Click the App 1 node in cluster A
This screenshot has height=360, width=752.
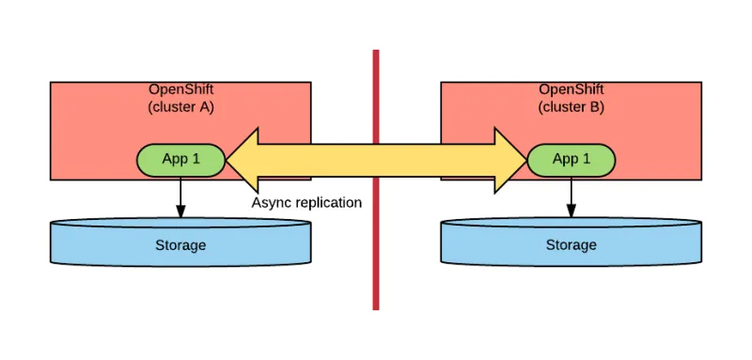point(181,160)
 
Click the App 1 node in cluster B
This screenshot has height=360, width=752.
point(571,160)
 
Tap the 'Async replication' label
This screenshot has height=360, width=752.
point(306,202)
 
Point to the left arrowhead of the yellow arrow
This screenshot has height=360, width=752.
point(243,160)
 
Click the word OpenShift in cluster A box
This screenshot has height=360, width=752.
point(180,90)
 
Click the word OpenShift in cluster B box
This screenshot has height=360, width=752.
point(571,90)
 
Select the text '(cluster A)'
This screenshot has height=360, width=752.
point(180,107)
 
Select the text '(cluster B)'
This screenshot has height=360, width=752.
point(571,107)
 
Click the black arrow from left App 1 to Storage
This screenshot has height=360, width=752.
point(180,197)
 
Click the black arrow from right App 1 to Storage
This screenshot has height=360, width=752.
point(571,197)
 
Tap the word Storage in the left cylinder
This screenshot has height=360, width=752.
point(180,245)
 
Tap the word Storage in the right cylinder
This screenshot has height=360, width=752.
point(571,245)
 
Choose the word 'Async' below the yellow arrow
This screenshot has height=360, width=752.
point(271,202)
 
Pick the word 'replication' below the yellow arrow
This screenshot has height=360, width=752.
point(327,202)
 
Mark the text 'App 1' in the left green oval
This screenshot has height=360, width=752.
point(181,159)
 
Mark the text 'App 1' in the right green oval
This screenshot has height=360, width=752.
point(571,159)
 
